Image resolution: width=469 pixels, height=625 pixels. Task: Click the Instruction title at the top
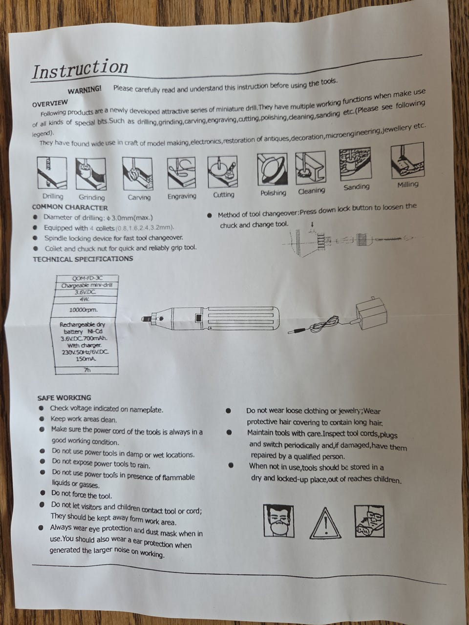(80, 69)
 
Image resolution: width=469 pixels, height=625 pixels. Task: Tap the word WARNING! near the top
(85, 90)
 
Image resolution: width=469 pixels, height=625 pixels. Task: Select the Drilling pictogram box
(52, 173)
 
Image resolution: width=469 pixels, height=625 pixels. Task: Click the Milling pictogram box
(407, 161)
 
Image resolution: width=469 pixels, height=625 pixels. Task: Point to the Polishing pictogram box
(272, 169)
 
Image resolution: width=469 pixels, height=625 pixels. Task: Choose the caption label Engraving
(182, 196)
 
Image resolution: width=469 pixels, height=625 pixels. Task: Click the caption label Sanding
(356, 187)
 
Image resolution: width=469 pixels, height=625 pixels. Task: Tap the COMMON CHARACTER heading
(70, 208)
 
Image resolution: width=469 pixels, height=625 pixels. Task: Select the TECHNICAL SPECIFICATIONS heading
(83, 259)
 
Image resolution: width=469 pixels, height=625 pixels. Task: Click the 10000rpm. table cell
(84, 310)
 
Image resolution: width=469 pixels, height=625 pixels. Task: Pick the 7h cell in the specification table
(87, 370)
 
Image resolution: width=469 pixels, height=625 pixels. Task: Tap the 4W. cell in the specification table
(85, 299)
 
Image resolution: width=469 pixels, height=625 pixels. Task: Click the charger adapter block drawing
(372, 312)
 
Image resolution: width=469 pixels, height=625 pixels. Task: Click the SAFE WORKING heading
(64, 398)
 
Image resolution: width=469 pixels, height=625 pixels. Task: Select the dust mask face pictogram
(279, 521)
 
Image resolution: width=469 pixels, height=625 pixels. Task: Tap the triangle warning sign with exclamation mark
(325, 523)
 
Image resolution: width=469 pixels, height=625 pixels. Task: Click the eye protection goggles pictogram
(369, 521)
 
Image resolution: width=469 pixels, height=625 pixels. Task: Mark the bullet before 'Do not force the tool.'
(43, 493)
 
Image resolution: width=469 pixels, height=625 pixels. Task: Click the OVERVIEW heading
(50, 103)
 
